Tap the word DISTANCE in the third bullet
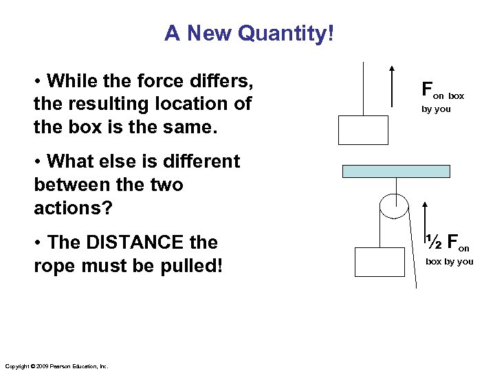135,243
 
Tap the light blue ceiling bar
395,171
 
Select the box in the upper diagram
363,131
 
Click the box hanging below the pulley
379,262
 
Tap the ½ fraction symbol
433,242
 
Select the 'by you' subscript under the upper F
436,109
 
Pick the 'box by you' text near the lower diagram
449,262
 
